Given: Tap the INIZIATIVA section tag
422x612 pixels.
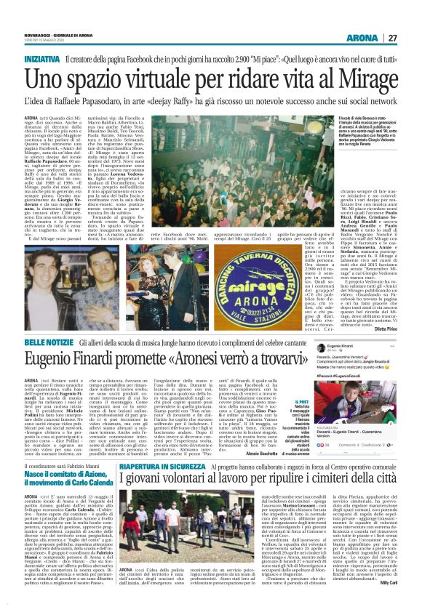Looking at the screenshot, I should (42, 58).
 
